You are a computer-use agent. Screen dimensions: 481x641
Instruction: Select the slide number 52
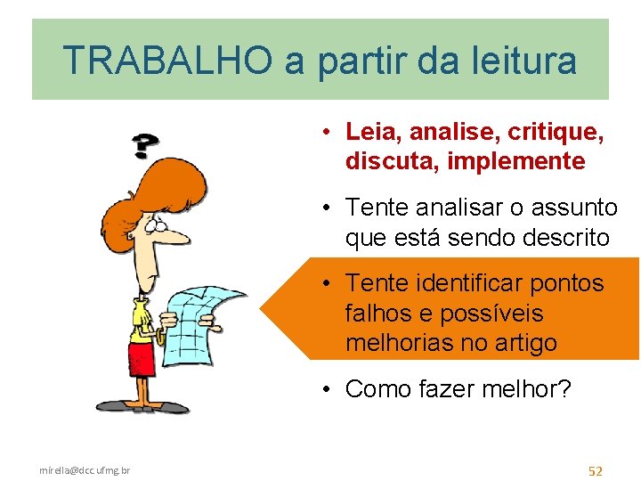596,470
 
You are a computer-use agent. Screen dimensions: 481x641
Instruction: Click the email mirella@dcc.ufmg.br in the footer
85,469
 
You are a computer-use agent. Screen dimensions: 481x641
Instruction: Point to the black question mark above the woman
145,145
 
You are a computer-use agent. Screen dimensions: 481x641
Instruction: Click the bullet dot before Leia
329,133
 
